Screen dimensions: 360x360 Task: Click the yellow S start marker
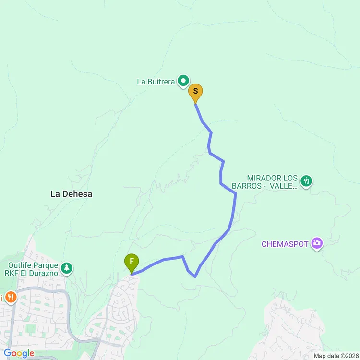195,91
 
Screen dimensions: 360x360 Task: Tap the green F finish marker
132,262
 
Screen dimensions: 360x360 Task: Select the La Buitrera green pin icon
183,81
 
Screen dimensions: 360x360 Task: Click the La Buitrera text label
156,82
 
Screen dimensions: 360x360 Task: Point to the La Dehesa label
71,194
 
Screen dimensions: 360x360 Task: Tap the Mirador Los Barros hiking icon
306,181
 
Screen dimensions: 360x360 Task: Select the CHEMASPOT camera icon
316,243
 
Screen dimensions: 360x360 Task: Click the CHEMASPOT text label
285,244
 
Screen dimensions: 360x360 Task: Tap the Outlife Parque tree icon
67,268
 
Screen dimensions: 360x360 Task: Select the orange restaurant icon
11,298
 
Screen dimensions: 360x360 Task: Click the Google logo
19,353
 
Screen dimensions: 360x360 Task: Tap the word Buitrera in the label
161,82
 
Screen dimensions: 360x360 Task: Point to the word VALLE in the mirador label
283,186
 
